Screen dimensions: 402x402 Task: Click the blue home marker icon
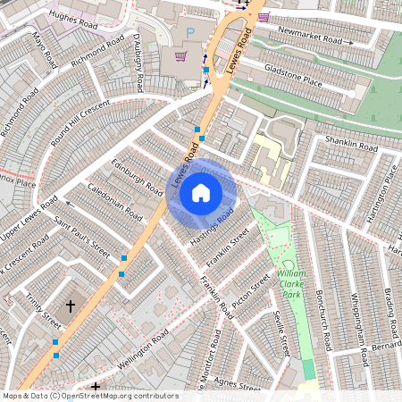tap(201, 192)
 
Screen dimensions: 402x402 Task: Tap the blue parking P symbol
tap(188, 34)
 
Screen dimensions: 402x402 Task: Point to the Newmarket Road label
tap(309, 37)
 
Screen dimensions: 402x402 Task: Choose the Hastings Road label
tap(214, 226)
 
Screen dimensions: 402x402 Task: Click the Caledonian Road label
tap(115, 204)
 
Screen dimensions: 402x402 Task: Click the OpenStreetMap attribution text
tap(89, 396)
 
